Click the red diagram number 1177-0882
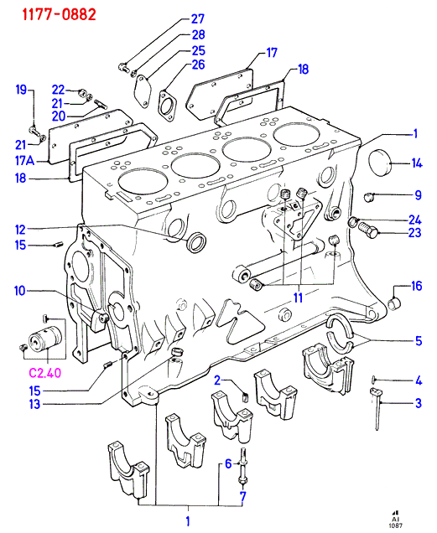tap(60, 14)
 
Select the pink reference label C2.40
tap(45, 373)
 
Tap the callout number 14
tap(417, 163)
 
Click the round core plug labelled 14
tap(381, 163)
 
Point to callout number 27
tap(197, 19)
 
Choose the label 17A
tap(25, 160)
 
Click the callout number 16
tap(417, 286)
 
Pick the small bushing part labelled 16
tap(395, 303)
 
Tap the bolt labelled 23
tap(367, 230)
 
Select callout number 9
tap(418, 195)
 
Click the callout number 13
tap(34, 404)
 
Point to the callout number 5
tap(419, 341)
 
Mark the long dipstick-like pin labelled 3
tap(376, 409)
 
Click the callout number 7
tap(242, 497)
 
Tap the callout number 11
tap(298, 298)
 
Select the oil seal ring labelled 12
tap(197, 242)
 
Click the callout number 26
tap(198, 65)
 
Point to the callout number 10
tap(20, 291)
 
